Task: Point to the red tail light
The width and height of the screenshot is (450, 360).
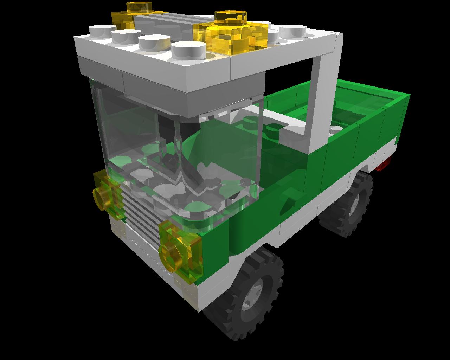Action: [384, 163]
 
